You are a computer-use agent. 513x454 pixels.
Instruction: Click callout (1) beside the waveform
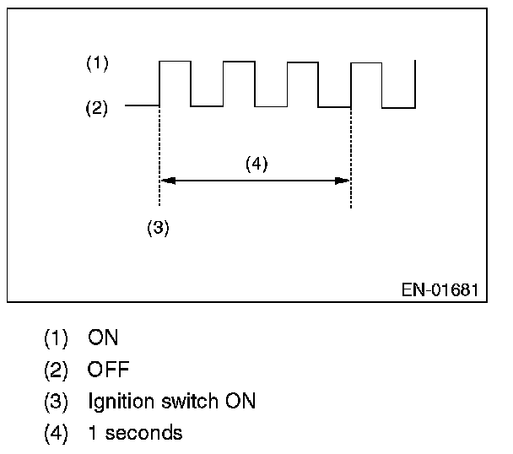[97, 63]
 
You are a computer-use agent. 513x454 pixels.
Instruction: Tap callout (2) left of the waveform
[97, 108]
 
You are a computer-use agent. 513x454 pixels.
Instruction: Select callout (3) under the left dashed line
[158, 228]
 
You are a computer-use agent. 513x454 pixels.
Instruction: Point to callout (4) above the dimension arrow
[256, 164]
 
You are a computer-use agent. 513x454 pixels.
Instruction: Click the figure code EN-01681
[440, 289]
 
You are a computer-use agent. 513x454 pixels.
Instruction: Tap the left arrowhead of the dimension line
[166, 180]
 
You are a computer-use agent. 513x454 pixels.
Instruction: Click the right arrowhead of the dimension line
[343, 180]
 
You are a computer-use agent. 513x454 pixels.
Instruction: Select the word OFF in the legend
[109, 370]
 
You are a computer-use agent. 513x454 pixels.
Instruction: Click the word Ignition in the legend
[116, 402]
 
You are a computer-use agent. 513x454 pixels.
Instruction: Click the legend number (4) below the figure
[57, 433]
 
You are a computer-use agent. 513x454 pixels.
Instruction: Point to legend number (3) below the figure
[57, 402]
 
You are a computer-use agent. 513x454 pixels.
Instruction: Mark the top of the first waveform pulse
[175, 61]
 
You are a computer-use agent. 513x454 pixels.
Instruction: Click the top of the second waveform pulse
[239, 61]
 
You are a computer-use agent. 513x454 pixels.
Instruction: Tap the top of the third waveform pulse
[303, 61]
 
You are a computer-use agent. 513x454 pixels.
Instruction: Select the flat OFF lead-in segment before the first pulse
[142, 105]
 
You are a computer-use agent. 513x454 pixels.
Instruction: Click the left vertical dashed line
[159, 152]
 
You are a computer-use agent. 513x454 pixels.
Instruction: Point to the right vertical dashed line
[350, 152]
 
